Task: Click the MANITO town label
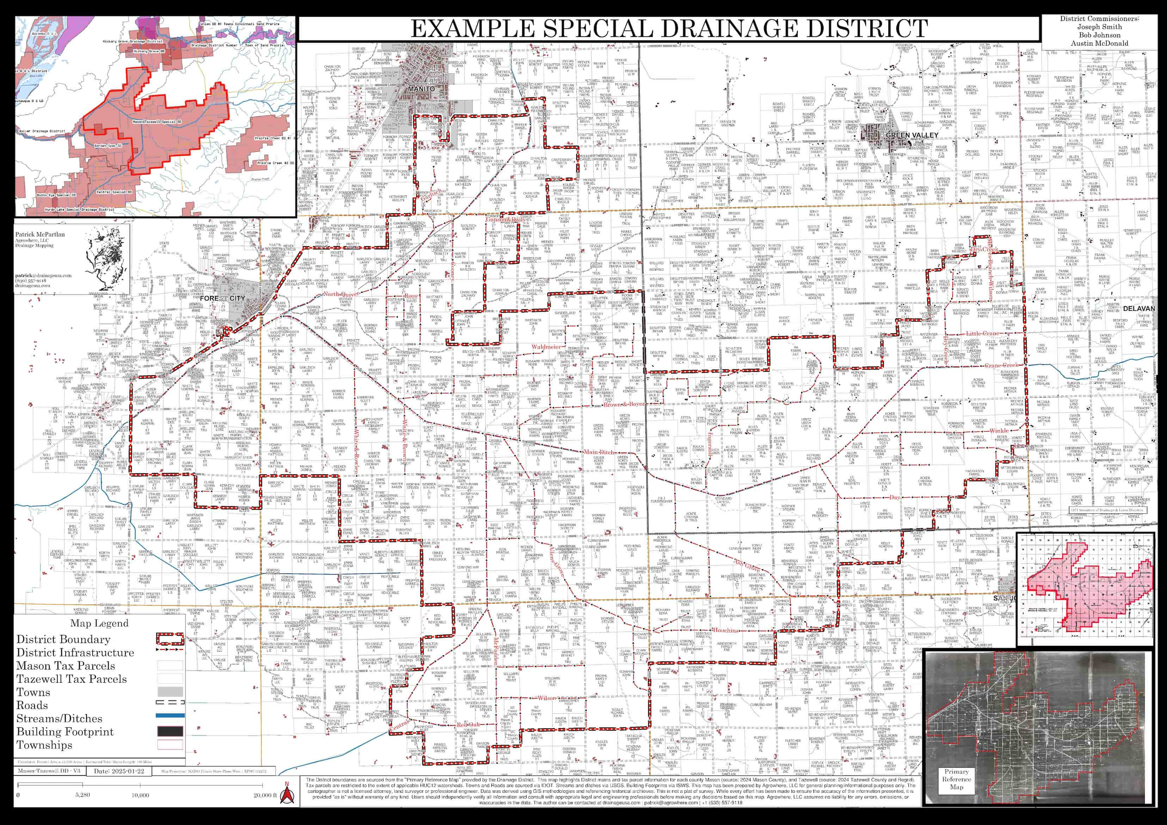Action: pos(421,89)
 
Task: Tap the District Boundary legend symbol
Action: pos(170,639)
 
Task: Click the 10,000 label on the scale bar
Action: pos(140,795)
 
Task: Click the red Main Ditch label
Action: pos(599,452)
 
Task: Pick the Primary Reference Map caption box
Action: pos(956,779)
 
